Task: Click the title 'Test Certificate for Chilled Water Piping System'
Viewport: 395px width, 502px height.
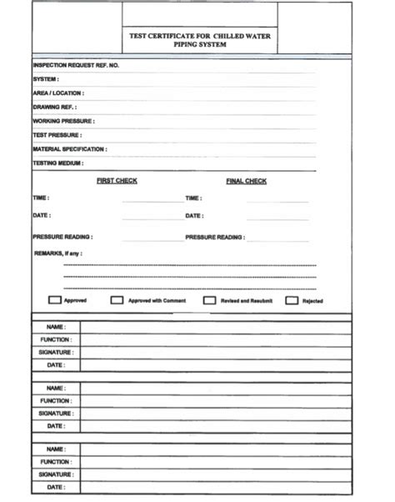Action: click(x=200, y=41)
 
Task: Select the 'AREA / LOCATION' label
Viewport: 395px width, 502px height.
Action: click(x=57, y=93)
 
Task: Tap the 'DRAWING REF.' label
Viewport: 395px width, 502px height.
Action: click(x=55, y=108)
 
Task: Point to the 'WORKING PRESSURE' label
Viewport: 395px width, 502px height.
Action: click(x=63, y=121)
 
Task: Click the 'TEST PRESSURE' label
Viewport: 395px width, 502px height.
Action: click(x=57, y=135)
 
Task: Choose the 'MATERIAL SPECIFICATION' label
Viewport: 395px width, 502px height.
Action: click(x=69, y=149)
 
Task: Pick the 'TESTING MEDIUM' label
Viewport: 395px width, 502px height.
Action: click(x=57, y=163)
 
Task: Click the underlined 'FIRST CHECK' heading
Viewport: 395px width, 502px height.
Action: click(x=117, y=181)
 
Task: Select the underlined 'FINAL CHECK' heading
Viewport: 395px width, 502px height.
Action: click(x=246, y=181)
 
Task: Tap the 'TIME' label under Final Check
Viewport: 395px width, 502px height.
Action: click(x=193, y=198)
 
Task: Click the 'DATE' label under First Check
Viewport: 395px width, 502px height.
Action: click(x=41, y=216)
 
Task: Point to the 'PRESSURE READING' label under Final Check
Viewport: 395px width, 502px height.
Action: click(x=215, y=237)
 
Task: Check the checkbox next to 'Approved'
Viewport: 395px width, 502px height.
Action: click(x=55, y=300)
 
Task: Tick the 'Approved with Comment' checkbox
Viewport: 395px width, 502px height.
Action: click(x=117, y=300)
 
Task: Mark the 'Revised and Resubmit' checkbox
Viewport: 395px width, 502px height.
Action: click(x=210, y=300)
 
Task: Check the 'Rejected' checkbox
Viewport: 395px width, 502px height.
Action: click(x=292, y=300)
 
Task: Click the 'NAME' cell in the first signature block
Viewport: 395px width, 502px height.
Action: click(x=56, y=327)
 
